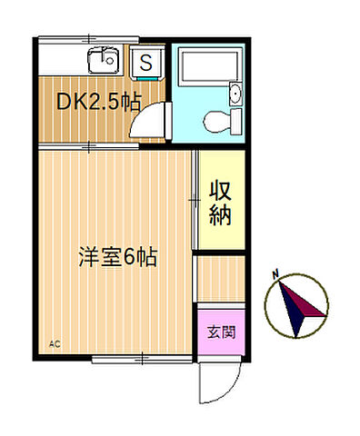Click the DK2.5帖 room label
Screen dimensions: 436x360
[99, 102]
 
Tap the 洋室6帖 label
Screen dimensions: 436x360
[118, 257]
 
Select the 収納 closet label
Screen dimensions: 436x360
[221, 203]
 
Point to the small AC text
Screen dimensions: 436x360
[54, 344]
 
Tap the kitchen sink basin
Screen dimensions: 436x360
[101, 62]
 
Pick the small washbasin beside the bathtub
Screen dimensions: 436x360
[236, 93]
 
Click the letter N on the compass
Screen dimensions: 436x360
[276, 273]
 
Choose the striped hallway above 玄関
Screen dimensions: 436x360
[221, 279]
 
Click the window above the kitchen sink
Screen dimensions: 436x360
[90, 39]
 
